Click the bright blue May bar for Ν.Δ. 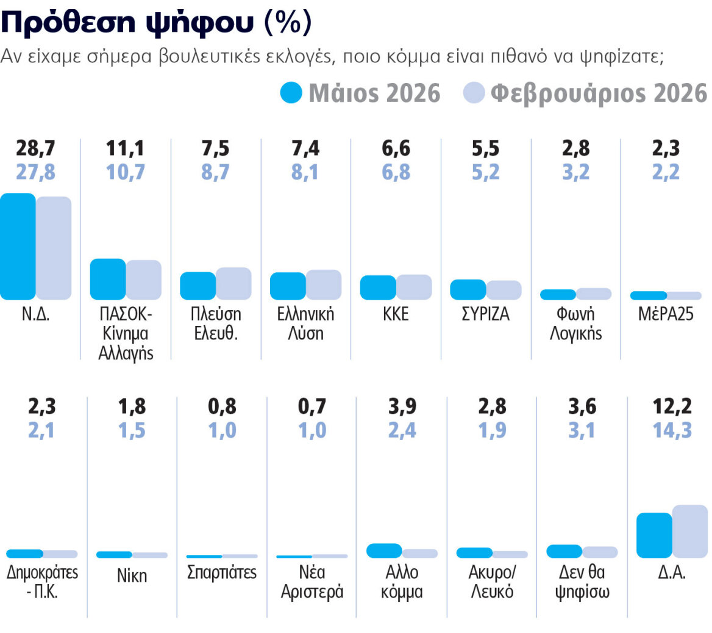[18, 247]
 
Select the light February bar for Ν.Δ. [54, 248]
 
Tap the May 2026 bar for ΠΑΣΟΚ [108, 279]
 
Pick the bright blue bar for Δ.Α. [654, 535]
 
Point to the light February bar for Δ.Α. [690, 531]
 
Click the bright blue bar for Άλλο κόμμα [384, 551]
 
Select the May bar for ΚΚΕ [378, 288]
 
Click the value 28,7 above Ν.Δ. [35, 148]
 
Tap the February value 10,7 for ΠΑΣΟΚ [126, 172]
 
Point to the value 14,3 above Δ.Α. [672, 430]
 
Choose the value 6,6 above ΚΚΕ [396, 148]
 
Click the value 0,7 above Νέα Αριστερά [312, 407]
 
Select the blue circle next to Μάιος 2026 [291, 93]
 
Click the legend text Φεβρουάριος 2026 [599, 93]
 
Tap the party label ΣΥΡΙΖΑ [485, 314]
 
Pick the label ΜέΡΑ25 [666, 314]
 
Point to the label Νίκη [132, 576]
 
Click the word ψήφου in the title [200, 23]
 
